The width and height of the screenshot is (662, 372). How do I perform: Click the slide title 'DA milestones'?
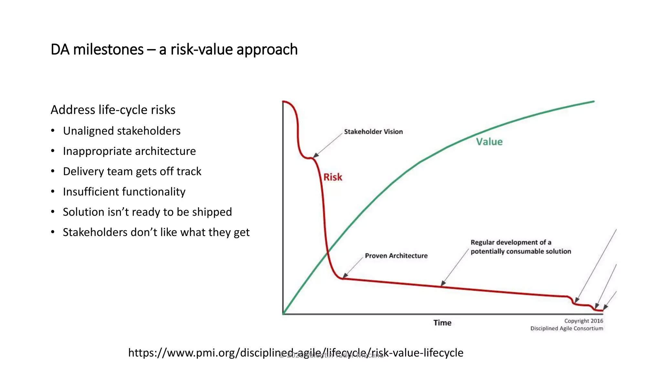tap(174, 49)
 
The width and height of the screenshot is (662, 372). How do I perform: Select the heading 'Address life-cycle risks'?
tap(113, 110)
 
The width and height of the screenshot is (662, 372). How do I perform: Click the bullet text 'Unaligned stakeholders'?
tap(122, 131)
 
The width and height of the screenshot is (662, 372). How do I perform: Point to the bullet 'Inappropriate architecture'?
tap(129, 151)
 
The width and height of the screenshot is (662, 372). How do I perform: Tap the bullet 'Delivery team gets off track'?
tap(132, 171)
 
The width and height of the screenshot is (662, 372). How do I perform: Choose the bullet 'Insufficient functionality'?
tap(124, 192)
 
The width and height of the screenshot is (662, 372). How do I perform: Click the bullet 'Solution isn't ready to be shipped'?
tap(147, 212)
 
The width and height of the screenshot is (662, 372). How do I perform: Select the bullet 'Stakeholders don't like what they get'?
tap(156, 232)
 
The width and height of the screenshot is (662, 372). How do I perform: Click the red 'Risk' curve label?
tap(333, 177)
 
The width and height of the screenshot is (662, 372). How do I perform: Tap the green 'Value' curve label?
tap(489, 142)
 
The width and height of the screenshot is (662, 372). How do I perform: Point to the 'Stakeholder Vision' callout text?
tap(373, 132)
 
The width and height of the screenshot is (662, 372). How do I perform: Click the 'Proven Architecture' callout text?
tap(396, 256)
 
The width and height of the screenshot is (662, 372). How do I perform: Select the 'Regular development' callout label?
tap(520, 247)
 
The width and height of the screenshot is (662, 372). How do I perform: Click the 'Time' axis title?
tap(442, 323)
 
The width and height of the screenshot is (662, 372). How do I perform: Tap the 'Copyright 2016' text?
tap(583, 321)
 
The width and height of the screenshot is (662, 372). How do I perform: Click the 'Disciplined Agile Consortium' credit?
tap(566, 328)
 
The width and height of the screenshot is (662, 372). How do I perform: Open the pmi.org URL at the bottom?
tap(295, 352)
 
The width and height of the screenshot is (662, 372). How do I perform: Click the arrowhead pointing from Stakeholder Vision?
tap(315, 155)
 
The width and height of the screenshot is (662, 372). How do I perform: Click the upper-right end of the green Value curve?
tap(593, 102)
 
